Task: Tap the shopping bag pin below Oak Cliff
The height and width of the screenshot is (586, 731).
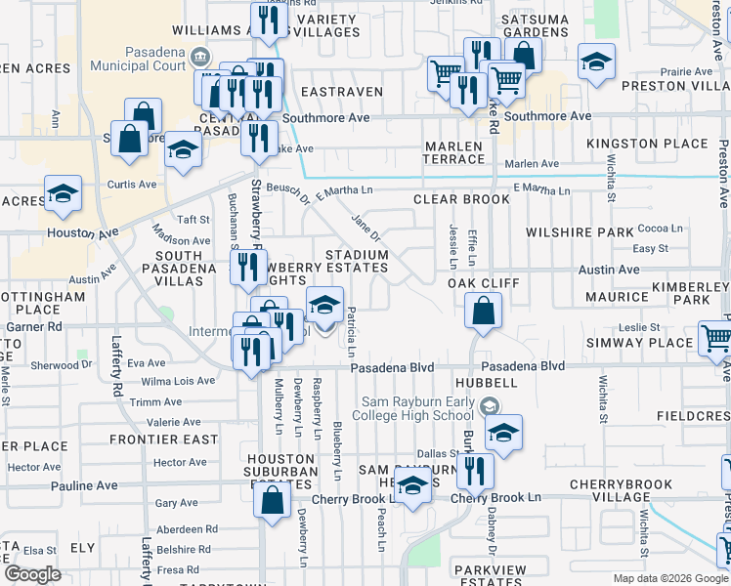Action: (x=483, y=312)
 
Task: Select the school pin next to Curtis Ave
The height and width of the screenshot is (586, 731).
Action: (x=63, y=193)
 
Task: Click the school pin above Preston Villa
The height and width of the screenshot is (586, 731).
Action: (x=596, y=62)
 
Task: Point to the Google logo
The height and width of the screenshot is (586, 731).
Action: (x=32, y=574)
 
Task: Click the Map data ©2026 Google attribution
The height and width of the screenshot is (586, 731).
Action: (x=669, y=578)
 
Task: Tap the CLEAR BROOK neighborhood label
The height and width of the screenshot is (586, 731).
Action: (x=461, y=199)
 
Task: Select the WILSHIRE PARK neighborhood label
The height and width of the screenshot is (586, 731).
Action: (x=580, y=232)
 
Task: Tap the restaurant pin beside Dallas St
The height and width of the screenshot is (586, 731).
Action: (x=476, y=471)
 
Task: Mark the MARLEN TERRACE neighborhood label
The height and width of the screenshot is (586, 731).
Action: (x=453, y=152)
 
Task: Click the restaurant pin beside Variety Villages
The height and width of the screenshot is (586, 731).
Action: (x=267, y=20)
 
